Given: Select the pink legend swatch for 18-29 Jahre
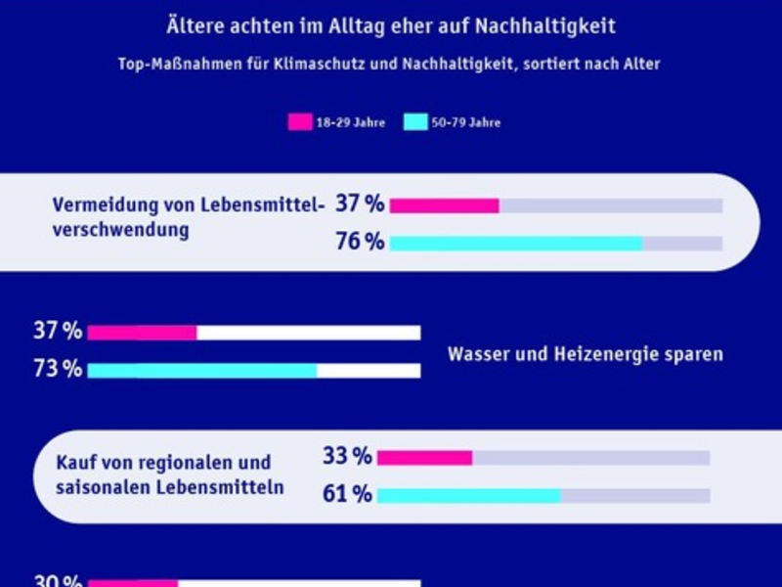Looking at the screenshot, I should [298, 122].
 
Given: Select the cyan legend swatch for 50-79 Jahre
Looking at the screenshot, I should [414, 122].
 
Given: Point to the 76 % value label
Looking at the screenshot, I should [360, 243].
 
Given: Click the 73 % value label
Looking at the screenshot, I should [58, 370].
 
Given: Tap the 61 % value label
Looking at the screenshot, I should [347, 495].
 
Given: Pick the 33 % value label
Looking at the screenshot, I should [347, 457].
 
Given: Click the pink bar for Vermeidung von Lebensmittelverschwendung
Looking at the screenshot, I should [445, 205].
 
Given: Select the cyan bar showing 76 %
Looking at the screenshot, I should [516, 244].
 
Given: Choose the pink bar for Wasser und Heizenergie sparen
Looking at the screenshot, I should [142, 333].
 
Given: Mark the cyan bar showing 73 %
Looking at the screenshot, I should [202, 371].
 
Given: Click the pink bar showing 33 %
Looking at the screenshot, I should [424, 458].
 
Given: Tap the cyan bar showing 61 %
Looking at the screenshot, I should [469, 496].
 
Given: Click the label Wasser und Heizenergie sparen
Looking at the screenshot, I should [585, 354].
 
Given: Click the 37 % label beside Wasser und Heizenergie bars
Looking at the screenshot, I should [58, 332].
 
